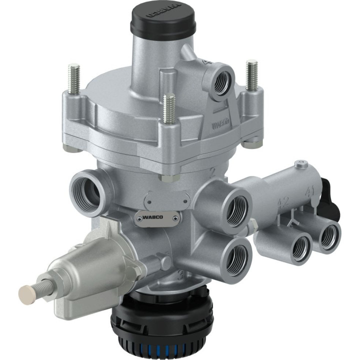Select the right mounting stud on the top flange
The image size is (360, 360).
coord(251,74)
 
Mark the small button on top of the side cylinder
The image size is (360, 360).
coord(300,163)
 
